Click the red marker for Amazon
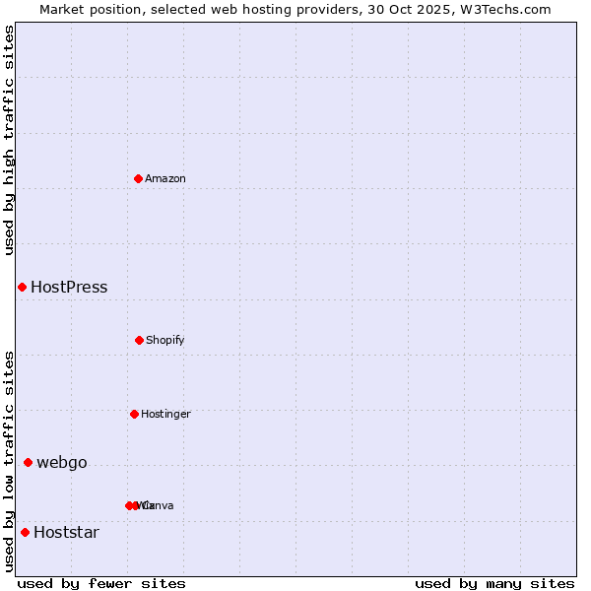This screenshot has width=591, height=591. tap(139, 178)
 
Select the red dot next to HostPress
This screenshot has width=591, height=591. tap(22, 287)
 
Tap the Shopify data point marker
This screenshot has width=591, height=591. tap(139, 340)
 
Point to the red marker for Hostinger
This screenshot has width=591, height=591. tap(134, 414)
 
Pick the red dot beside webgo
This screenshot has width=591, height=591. tap(28, 462)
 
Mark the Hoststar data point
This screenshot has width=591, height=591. tap(25, 532)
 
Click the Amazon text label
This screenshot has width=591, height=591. tap(165, 179)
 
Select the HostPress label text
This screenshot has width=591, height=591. tap(69, 288)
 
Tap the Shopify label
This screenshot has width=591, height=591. tap(165, 341)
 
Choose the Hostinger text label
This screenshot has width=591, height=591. tap(165, 415)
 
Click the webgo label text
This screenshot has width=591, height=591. tap(62, 463)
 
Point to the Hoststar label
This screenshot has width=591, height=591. tap(66, 533)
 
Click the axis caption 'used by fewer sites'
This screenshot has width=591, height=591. tap(101, 583)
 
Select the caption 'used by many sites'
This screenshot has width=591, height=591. tap(494, 583)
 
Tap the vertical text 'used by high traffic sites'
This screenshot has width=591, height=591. tap(9, 140)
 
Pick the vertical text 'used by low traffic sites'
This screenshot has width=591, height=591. tap(9, 461)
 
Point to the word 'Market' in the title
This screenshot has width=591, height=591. tap(64, 9)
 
